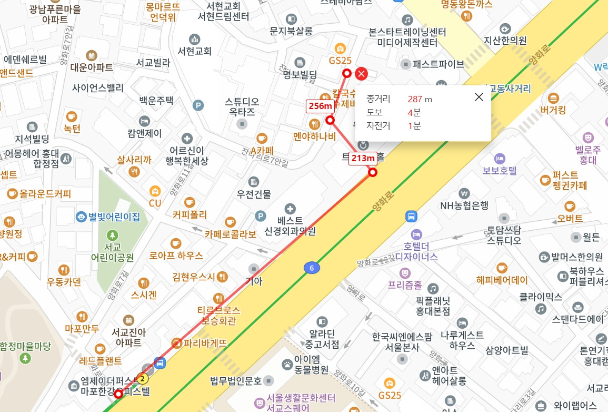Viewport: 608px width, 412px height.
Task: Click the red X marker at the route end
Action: (362, 74)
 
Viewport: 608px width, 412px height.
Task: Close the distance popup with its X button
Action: (479, 96)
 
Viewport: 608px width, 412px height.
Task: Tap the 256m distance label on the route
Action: (320, 106)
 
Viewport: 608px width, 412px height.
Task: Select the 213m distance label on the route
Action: (363, 158)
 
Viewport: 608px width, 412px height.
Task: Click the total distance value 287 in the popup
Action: (415, 99)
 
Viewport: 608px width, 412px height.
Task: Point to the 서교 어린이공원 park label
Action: (112, 252)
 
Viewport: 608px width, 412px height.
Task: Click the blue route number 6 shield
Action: (312, 268)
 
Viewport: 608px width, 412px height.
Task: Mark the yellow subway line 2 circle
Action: (142, 378)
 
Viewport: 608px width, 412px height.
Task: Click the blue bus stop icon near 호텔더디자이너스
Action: (411, 216)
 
